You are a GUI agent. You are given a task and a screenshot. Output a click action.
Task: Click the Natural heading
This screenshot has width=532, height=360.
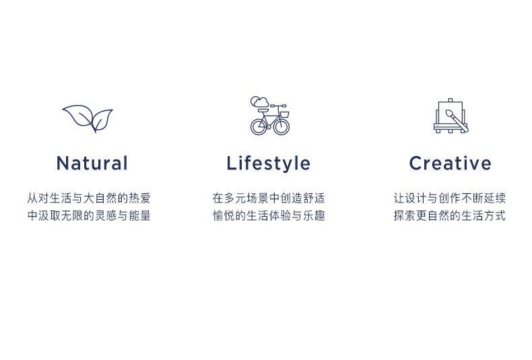coord(92,163)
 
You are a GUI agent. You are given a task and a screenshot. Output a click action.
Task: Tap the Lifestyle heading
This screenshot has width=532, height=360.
coord(269,164)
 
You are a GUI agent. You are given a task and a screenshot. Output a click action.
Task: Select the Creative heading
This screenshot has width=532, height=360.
coord(451,163)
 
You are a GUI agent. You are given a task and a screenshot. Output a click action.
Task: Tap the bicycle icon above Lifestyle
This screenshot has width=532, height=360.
coord(270,116)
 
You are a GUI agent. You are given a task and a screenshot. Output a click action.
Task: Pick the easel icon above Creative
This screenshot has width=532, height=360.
coord(451,116)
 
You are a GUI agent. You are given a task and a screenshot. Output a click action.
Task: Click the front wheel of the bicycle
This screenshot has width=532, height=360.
coord(281,127)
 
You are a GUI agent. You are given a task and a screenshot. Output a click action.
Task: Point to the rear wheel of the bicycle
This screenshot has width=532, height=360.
coord(259,127)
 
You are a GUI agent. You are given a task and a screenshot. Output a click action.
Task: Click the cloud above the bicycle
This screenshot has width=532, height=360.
coord(259,102)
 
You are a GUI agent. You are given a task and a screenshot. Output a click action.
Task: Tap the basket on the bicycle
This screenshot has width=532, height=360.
coord(284,114)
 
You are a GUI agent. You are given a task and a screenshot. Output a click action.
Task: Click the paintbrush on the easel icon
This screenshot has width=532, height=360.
coord(457,120)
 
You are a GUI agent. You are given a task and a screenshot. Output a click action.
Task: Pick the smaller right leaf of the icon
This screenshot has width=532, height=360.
coord(102,119)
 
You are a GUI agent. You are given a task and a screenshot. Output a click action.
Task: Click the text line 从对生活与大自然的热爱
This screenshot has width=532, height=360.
coord(89,198)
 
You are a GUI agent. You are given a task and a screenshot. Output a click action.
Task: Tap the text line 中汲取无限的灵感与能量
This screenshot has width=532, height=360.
coord(89,215)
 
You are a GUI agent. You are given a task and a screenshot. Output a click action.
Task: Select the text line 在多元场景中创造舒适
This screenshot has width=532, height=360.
coord(269,198)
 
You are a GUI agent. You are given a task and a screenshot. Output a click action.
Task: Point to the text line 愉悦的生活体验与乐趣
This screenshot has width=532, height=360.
coord(269,215)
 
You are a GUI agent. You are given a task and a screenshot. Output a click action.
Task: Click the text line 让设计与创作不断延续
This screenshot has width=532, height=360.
coord(450,198)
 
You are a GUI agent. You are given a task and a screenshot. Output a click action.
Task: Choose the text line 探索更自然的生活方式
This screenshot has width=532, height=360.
coord(450,215)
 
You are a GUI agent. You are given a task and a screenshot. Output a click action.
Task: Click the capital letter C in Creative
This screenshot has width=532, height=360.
coord(416,163)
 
